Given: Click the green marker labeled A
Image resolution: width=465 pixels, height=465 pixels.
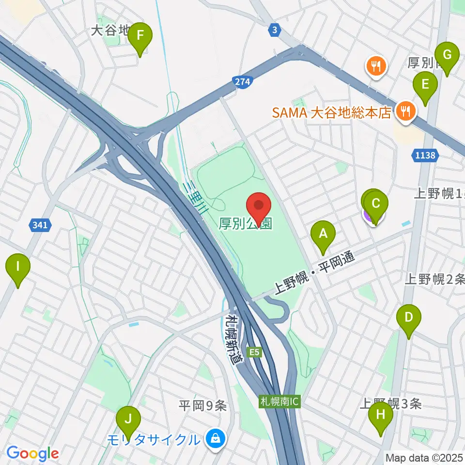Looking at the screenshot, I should pos(324,235).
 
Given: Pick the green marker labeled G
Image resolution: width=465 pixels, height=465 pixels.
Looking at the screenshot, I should pos(447,56).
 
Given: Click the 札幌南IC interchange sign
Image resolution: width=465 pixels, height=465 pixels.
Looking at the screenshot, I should pos(280,402).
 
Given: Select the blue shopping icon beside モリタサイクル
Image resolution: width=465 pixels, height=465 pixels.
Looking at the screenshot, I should pos(213,439).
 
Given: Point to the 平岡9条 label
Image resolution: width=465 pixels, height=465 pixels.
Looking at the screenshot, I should pos(202,406).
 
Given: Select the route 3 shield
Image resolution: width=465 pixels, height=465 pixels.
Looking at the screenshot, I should pos(275,30).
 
